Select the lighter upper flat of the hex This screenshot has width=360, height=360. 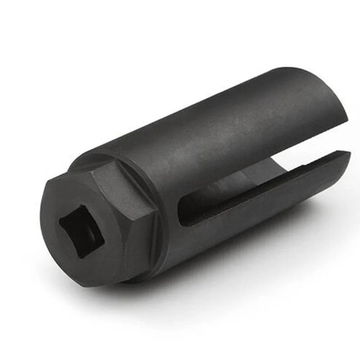[108, 180]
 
